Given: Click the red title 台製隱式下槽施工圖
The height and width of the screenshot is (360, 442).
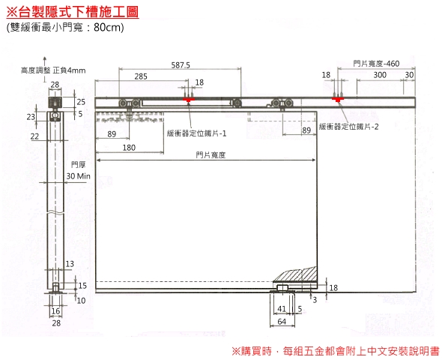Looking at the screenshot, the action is (73, 11).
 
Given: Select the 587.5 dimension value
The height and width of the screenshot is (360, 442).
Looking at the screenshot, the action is (181, 65).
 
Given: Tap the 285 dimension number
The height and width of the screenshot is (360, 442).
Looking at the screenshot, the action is (141, 76).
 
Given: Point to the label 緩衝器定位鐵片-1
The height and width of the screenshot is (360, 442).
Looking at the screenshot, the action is (196, 133).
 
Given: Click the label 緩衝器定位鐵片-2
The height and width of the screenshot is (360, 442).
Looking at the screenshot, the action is (348, 127).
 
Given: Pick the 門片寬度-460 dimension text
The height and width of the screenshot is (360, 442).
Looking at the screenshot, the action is (376, 64).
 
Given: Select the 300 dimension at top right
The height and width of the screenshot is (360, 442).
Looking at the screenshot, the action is (380, 75).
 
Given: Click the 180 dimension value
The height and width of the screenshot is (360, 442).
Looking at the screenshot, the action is (129, 148).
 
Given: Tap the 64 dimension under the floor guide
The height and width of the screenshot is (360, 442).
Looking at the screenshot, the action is (282, 321).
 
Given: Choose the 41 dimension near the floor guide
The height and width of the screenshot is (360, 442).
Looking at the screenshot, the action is (282, 309).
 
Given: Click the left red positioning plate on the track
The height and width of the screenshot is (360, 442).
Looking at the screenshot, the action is (188, 100).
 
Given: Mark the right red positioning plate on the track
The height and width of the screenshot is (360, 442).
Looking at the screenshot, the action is (337, 100).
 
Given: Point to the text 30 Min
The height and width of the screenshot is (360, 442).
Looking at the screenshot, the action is (79, 176).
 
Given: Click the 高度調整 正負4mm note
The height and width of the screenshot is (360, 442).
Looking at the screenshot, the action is (53, 70).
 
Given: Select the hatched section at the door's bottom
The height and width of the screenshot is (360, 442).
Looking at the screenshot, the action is (295, 274).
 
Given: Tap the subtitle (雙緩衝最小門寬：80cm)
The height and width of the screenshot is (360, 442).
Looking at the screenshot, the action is (65, 27).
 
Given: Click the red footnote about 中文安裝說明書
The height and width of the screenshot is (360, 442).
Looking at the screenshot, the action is (336, 351).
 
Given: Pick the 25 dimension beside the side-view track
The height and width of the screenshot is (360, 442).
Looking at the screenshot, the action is (81, 101).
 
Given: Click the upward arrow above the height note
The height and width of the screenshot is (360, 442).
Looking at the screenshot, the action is (44, 69).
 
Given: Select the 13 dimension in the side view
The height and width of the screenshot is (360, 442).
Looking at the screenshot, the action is (70, 264).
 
